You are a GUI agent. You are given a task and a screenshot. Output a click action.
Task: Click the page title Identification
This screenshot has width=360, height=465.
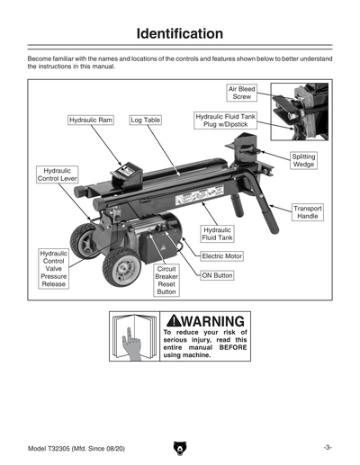pos(180,34)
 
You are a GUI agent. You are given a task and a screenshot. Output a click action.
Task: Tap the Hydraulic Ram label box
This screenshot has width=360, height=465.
pos(91,120)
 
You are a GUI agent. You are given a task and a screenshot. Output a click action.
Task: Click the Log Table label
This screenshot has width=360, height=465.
pos(146,120)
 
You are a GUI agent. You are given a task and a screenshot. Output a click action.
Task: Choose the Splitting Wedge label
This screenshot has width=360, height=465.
pos(303,160)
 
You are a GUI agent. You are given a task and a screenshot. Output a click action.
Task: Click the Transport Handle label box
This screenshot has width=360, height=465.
pos(308,212)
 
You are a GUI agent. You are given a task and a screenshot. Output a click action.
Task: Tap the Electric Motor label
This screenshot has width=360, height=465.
pos(222,256)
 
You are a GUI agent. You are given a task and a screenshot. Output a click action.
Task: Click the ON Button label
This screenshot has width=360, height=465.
pos(217,275)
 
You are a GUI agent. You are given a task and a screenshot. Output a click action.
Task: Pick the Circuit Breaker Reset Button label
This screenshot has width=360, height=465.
pos(166,280)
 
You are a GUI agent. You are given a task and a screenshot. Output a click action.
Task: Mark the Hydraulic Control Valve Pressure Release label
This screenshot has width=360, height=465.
pos(53,270)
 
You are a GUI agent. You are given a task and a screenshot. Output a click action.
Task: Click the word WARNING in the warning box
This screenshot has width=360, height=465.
pos(211,321)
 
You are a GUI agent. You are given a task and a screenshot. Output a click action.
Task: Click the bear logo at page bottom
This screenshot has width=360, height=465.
pos(180,447)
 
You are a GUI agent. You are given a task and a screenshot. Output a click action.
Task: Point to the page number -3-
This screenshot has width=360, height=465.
pos(329,447)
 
